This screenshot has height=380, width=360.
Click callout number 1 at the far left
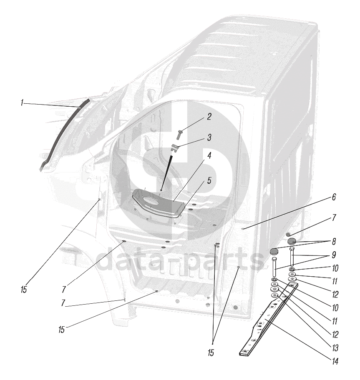(x=22, y=103)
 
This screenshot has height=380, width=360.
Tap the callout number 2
(x=209, y=117)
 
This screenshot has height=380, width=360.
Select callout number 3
(x=209, y=137)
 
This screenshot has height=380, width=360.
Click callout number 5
(x=209, y=180)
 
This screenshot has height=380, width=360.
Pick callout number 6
(x=334, y=197)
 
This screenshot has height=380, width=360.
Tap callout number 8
(x=334, y=241)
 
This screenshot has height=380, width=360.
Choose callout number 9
(x=334, y=255)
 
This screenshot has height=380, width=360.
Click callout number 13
(x=335, y=348)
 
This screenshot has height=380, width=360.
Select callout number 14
(x=335, y=362)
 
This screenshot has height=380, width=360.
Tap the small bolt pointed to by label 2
(x=180, y=134)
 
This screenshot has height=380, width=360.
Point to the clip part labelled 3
(x=175, y=148)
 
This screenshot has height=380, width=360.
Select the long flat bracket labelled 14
(x=269, y=319)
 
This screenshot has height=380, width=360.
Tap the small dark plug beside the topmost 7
(x=288, y=234)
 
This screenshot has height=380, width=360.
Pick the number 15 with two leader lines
(x=211, y=353)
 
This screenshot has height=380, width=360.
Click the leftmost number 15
(x=23, y=290)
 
